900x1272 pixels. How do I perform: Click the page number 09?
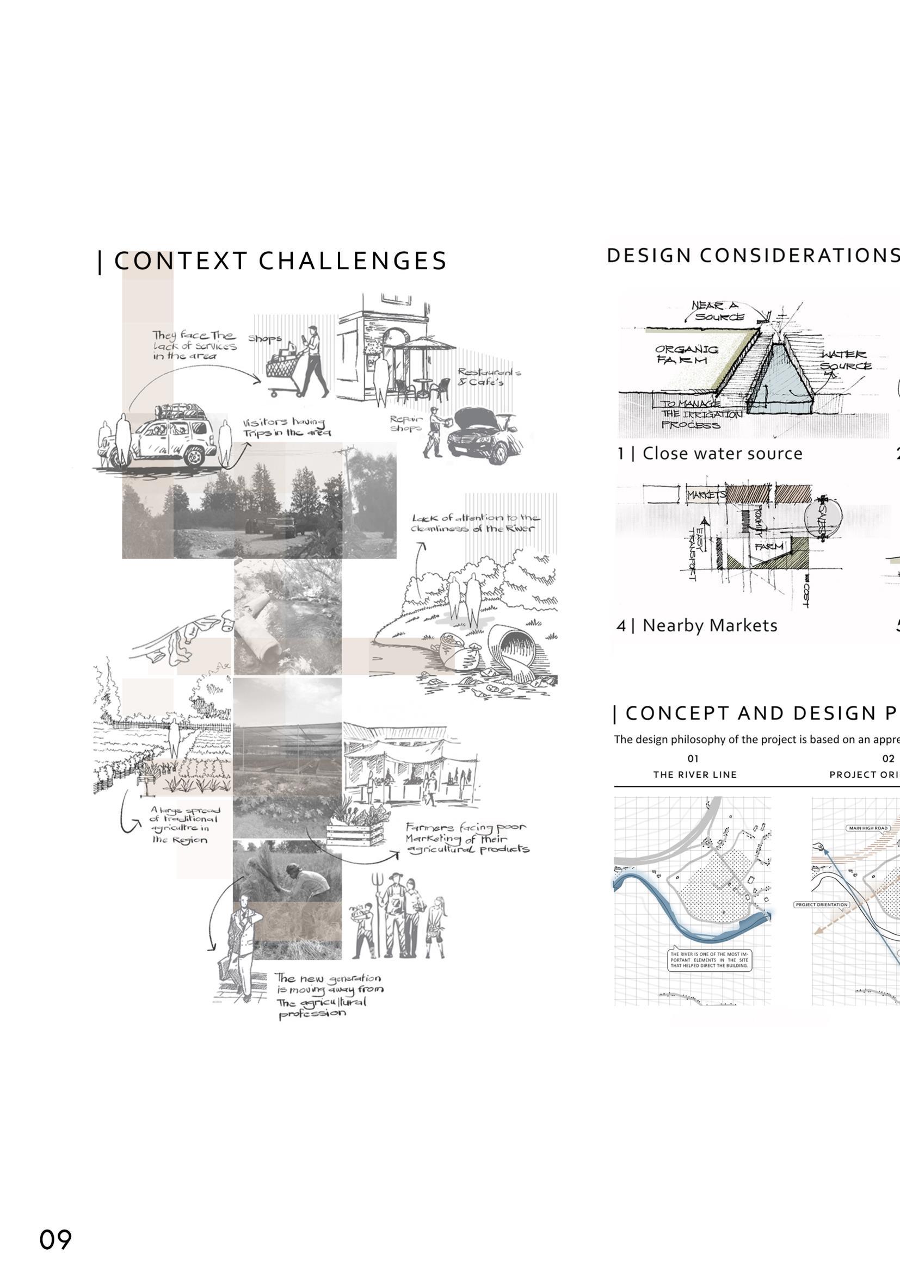pos(56,1239)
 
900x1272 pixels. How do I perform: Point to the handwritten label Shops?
pos(265,338)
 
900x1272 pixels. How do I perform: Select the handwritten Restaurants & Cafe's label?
pos(488,377)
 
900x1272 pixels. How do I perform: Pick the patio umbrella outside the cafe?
pos(424,345)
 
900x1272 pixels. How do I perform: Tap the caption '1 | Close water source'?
pos(710,454)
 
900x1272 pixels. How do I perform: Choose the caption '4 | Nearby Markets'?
pos(696,625)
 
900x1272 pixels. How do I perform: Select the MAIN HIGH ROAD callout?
pos(868,828)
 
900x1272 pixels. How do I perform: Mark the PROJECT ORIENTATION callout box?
pos(821,905)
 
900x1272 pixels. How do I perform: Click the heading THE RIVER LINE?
pos(695,774)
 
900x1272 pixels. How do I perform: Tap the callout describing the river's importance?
pos(710,960)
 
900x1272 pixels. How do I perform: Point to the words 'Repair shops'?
pos(406,423)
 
